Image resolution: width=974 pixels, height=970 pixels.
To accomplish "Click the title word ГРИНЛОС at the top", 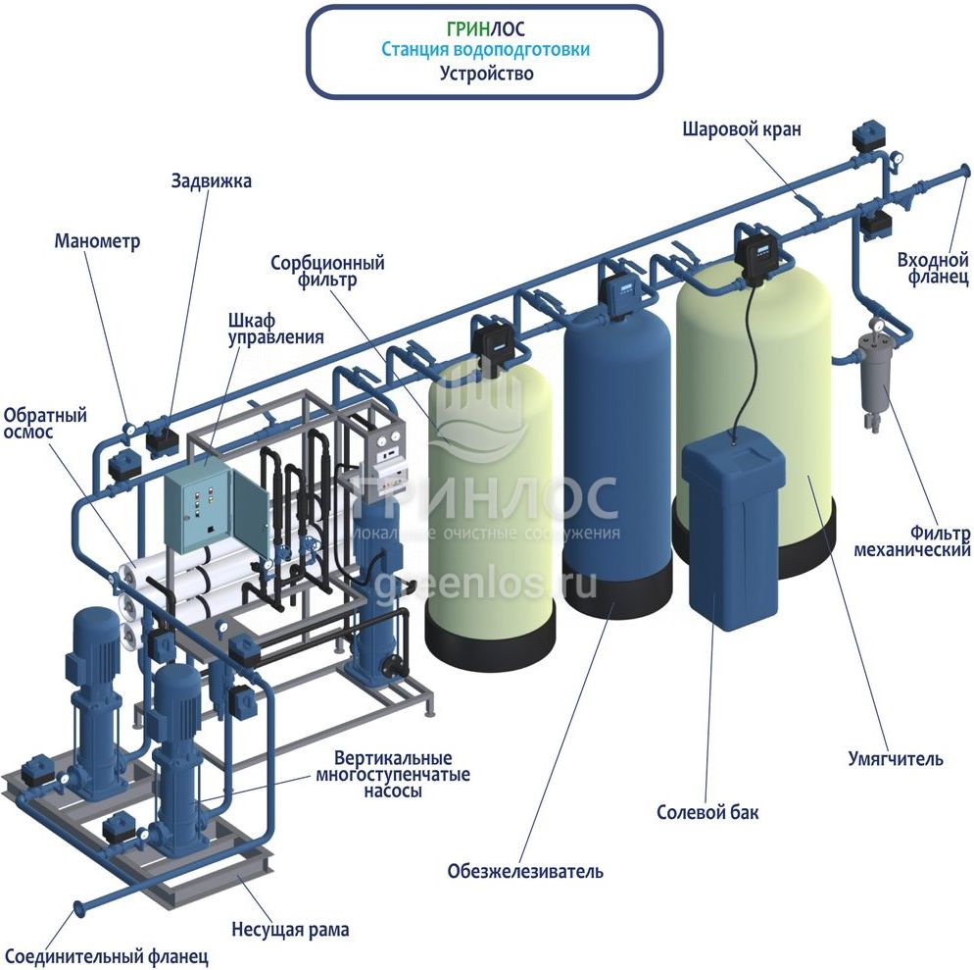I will tap(486, 28).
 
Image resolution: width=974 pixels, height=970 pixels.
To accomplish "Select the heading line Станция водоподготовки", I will tap(486, 50).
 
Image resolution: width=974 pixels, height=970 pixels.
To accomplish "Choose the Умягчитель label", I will tap(895, 758).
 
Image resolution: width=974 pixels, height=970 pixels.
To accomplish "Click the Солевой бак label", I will tap(707, 813).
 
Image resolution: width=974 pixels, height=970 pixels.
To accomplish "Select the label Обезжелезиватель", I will tap(525, 871).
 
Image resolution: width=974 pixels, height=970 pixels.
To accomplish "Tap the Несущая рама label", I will tap(290, 929).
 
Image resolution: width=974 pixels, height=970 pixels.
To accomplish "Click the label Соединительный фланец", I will tap(107, 954).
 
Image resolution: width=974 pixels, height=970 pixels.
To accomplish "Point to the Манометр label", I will tap(98, 241).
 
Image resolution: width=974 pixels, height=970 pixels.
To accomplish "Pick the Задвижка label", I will tap(211, 181).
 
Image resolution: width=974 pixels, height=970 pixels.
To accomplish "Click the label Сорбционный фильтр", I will tap(327, 271).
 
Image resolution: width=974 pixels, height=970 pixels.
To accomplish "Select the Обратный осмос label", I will tap(45, 424).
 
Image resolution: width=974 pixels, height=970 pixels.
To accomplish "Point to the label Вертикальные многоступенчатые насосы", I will tap(392, 775).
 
